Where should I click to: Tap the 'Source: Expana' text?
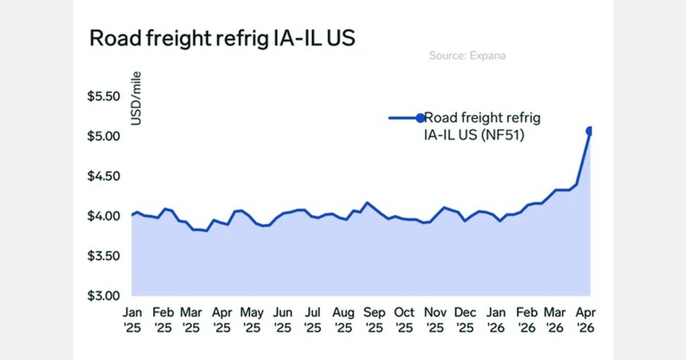pyautogui.click(x=467, y=56)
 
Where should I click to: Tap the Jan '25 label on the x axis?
pyautogui.click(x=133, y=321)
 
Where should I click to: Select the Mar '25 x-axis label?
pyautogui.click(x=191, y=321)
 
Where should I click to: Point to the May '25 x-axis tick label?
pyautogui.click(x=252, y=321)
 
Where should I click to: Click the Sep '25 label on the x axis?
pyautogui.click(x=374, y=321)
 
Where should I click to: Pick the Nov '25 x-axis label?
pyautogui.click(x=436, y=321)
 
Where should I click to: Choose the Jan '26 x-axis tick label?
pyautogui.click(x=496, y=321)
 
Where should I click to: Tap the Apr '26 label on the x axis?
pyautogui.click(x=584, y=321)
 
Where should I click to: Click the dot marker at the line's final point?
pyautogui.click(x=590, y=131)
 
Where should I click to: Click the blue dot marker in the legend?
pyautogui.click(x=421, y=118)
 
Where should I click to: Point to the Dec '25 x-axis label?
pyautogui.click(x=465, y=321)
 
